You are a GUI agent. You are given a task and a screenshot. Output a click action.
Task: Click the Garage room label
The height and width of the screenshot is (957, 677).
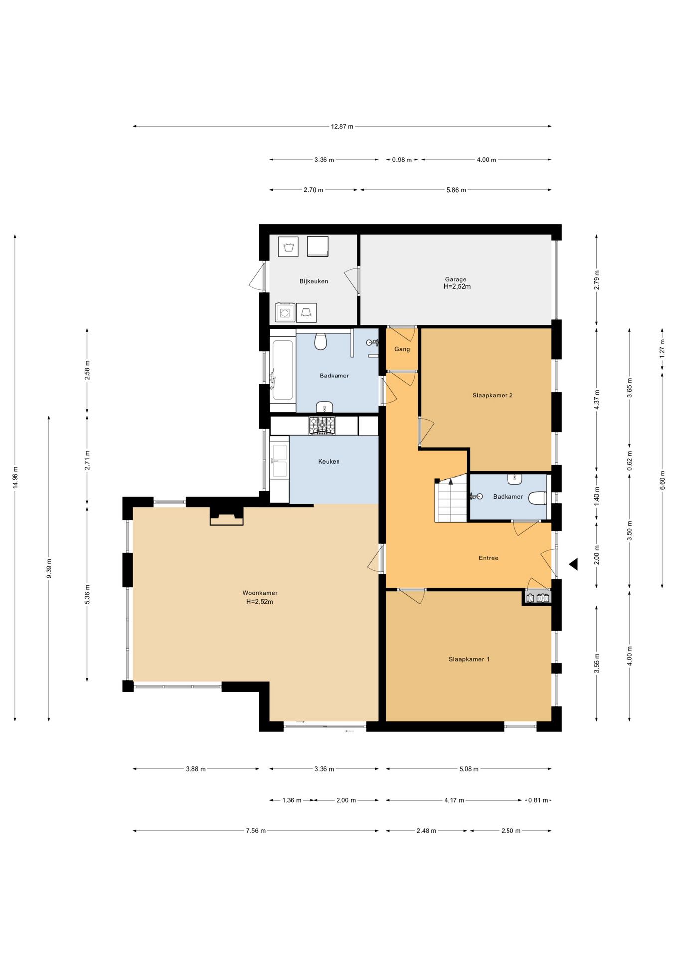pos(455,279)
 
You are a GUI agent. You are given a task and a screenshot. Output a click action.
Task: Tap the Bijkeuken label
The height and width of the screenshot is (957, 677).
pos(314,281)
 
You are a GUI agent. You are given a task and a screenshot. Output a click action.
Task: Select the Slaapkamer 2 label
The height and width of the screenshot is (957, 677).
pos(493,395)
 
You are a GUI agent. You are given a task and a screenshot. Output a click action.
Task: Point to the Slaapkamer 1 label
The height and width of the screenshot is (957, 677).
pos(469,659)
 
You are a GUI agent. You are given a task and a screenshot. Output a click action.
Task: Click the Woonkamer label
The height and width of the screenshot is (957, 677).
pos(260,593)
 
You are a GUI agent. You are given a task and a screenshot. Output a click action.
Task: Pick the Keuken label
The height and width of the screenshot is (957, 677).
pos(329,462)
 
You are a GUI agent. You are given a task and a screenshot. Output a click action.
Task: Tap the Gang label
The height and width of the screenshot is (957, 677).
pos(402,349)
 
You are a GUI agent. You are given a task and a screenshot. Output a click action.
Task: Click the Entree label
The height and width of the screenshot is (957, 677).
pos(488,558)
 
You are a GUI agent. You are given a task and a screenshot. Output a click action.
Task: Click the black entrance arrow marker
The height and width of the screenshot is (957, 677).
pos(573,564)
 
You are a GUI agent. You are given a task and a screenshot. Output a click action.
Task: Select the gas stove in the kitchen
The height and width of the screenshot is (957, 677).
pos(322,426)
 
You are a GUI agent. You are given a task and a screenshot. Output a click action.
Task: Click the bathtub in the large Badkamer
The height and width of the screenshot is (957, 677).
pos(282,370)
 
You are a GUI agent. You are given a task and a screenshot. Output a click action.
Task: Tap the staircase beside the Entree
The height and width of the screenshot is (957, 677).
pos(451,500)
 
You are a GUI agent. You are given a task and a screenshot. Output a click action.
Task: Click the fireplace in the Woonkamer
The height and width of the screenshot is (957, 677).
pos(226,516)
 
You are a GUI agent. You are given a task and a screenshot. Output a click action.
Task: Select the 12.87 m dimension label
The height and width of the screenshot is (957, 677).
pos(342,126)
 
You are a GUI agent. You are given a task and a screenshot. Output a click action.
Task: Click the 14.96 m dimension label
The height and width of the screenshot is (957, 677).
pos(15,478)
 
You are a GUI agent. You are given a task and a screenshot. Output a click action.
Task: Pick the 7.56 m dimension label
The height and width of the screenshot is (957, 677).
pos(256,831)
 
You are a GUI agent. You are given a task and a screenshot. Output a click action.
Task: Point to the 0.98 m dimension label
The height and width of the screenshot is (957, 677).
pos(402,160)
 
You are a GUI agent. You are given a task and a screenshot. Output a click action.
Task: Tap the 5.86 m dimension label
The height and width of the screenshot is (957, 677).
pos(456,190)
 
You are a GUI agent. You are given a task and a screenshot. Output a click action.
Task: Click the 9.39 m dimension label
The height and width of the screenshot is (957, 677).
pos(49,568)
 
